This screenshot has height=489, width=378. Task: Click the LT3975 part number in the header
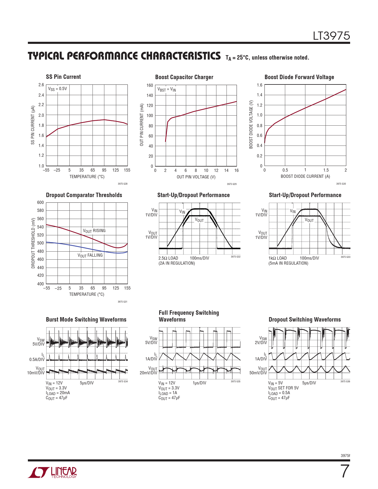[x=331, y=36]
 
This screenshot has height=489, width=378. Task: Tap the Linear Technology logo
[x=52, y=472]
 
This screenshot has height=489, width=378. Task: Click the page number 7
[x=345, y=471]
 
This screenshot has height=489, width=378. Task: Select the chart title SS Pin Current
[x=63, y=77]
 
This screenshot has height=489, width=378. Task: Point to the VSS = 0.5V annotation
[x=58, y=89]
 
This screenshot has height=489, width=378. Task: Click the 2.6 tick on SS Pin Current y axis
[x=41, y=85]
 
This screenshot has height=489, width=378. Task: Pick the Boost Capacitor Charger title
[x=184, y=77]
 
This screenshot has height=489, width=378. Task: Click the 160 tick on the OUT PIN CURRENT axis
[x=150, y=85]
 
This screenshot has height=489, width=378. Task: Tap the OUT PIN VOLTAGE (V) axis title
[x=196, y=177]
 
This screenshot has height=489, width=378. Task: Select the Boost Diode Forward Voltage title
[x=299, y=77]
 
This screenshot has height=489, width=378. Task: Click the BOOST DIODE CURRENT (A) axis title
[x=305, y=176]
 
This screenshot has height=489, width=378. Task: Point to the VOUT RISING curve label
[x=94, y=231]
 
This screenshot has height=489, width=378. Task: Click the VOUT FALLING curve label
[x=90, y=255]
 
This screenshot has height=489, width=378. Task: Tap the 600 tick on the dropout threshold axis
[x=40, y=202]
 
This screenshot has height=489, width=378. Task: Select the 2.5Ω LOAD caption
[x=168, y=258]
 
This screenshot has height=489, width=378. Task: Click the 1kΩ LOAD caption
[x=277, y=258]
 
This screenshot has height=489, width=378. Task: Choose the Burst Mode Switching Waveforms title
[x=86, y=319]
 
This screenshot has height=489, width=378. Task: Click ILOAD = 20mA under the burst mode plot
[x=58, y=393]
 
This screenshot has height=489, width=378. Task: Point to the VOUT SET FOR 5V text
[x=283, y=388]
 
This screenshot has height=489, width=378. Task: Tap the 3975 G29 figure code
[x=232, y=184]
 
